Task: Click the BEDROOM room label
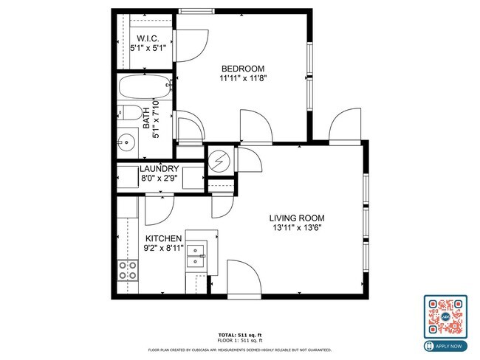242,69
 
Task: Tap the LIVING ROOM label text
296,218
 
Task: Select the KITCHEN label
163,239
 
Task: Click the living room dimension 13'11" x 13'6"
296,227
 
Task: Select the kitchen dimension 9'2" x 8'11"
163,249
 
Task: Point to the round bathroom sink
126,141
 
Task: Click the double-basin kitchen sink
196,255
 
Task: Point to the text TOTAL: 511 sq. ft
240,334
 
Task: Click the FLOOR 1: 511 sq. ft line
240,340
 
